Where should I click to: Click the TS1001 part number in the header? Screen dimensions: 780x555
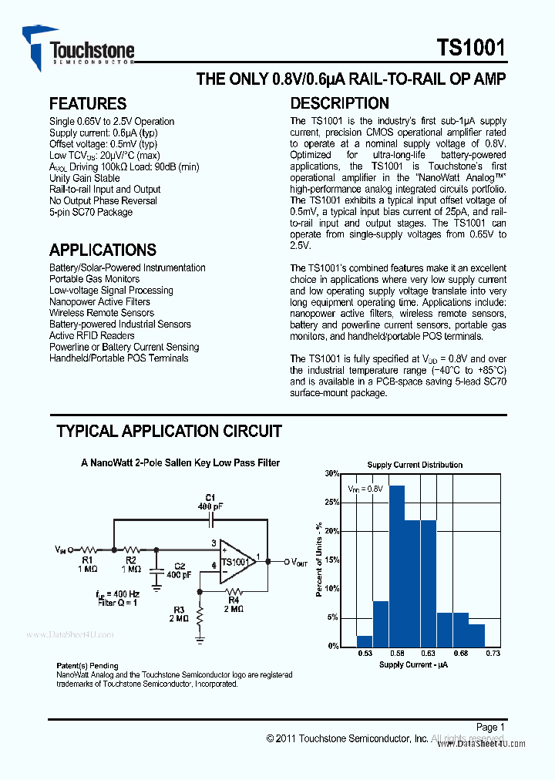(x=471, y=48)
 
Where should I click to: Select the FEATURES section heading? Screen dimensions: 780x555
(x=88, y=103)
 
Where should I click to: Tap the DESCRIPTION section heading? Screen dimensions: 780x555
(x=339, y=103)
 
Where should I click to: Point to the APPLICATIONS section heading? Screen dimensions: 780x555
(x=103, y=250)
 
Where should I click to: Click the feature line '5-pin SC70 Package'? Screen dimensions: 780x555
(x=91, y=212)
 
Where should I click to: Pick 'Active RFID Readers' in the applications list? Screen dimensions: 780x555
(x=92, y=335)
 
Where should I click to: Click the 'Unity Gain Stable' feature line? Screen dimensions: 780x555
(x=84, y=178)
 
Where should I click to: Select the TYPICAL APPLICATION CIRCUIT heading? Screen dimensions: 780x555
(x=169, y=431)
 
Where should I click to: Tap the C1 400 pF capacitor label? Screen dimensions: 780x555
(x=210, y=502)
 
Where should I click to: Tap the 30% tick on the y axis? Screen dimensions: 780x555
(x=331, y=474)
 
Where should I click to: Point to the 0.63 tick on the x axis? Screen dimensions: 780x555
(x=429, y=654)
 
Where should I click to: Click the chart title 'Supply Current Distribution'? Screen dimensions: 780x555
(x=415, y=465)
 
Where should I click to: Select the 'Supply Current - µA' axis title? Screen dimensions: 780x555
(x=413, y=664)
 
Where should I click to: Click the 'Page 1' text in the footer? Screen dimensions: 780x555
(x=490, y=727)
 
